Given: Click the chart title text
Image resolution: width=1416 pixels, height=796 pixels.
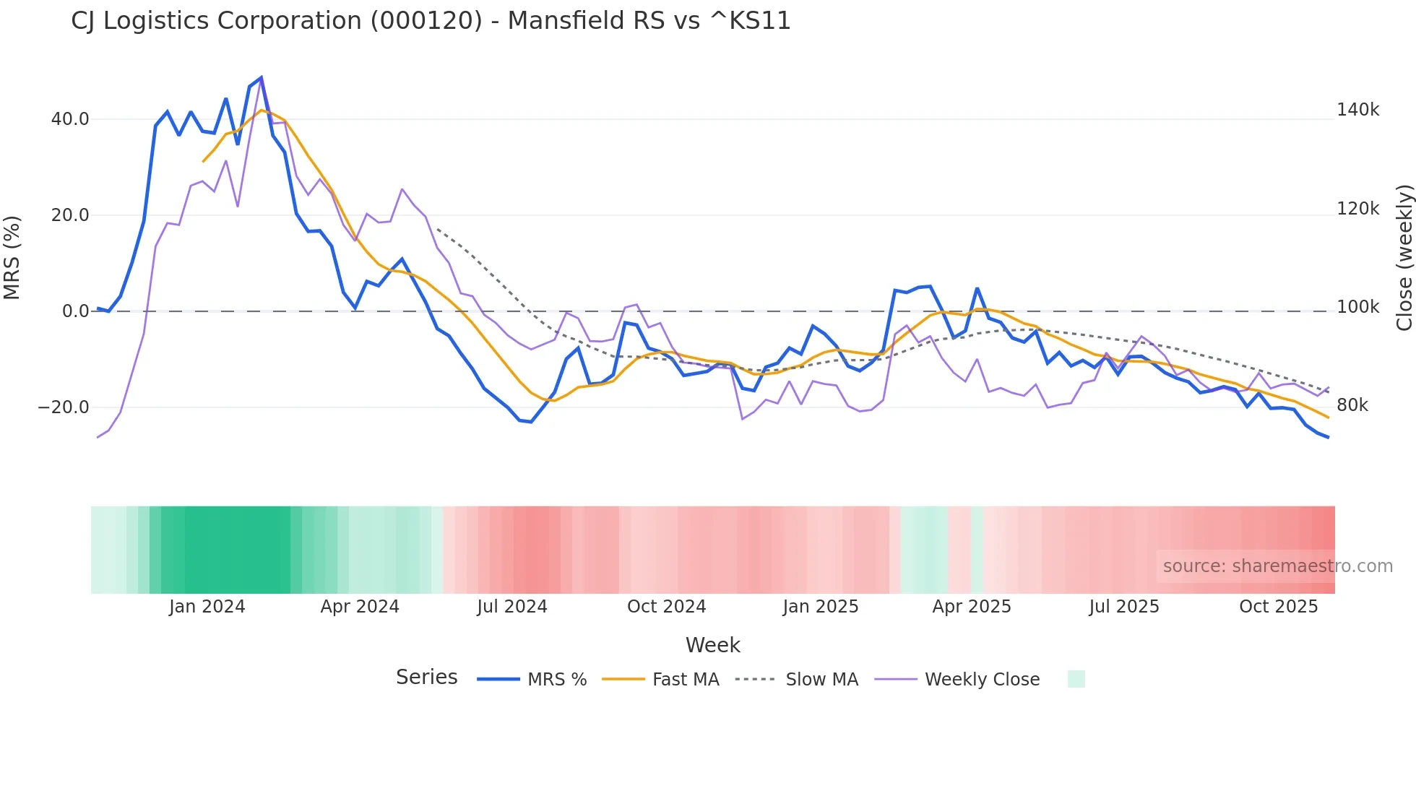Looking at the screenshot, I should tap(431, 21).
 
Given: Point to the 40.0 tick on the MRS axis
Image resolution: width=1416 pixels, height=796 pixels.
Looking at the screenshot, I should tap(70, 119).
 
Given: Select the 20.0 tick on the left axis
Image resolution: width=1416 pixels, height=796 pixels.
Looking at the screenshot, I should tap(70, 215).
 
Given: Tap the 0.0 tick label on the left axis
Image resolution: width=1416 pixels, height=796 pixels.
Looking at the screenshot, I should tap(75, 311).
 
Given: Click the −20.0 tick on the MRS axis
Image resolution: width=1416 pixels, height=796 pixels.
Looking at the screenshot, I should tap(64, 407).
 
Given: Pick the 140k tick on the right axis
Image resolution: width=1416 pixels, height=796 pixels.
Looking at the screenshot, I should tap(1357, 110).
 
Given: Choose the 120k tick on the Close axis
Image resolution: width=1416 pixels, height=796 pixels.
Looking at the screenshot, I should tap(1357, 209).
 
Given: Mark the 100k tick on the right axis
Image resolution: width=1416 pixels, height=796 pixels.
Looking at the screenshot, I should tap(1357, 307).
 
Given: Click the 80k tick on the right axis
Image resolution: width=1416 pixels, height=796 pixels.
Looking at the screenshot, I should tap(1352, 405).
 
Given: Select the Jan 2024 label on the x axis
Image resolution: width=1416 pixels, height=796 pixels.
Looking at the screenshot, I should tap(207, 607).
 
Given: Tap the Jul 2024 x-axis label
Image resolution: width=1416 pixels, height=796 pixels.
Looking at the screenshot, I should tap(512, 607).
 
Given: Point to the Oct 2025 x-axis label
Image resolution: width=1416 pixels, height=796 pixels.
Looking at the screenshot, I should tap(1279, 607).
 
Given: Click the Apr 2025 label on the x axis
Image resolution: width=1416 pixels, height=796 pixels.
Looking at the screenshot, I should tap(972, 607).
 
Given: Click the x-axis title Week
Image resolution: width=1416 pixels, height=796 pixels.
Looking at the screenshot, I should tap(712, 645).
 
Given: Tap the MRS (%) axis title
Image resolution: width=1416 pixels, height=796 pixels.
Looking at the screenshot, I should tap(12, 258).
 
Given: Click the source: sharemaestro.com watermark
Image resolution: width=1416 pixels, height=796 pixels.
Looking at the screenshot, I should tap(1277, 566).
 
